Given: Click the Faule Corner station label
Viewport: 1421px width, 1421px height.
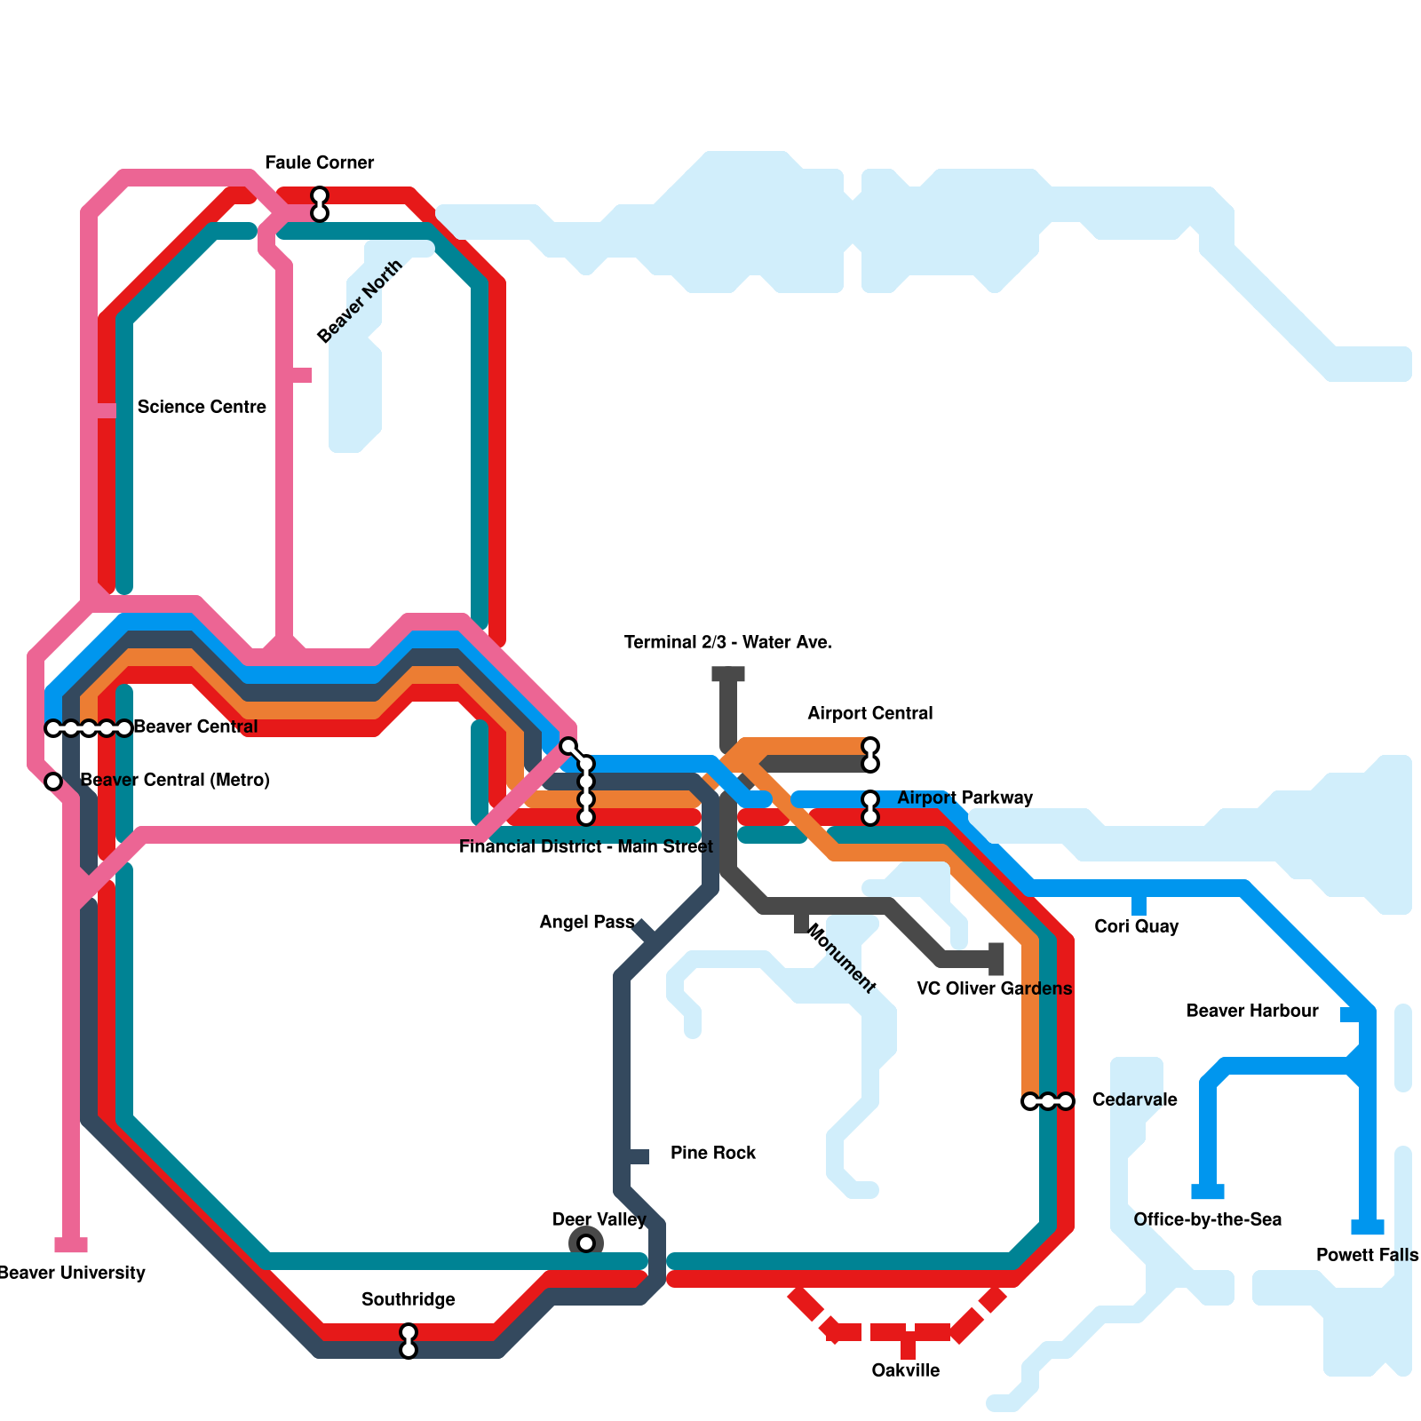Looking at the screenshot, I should click(319, 163).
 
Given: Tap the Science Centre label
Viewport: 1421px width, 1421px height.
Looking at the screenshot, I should click(202, 407).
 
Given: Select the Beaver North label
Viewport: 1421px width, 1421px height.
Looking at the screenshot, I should click(360, 302).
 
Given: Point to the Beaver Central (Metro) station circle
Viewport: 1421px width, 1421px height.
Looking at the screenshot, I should click(53, 782).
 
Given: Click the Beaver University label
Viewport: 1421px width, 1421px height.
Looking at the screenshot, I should click(71, 1273).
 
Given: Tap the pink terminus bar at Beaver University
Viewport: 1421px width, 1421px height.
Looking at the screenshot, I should click(71, 1244).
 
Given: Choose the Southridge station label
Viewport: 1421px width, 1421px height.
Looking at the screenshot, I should click(408, 1299).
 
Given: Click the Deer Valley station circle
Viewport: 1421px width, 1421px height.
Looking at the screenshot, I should click(586, 1243).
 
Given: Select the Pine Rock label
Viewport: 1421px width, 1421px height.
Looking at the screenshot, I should click(712, 1153).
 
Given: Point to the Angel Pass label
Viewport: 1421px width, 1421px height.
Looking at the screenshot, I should click(586, 922).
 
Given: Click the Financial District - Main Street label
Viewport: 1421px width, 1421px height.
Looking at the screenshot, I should click(585, 846).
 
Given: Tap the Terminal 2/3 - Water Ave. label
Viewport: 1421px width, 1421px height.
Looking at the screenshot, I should click(727, 642).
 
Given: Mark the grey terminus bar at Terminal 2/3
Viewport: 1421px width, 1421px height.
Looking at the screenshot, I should click(728, 675).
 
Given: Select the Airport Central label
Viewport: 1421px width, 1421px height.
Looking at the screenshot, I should click(869, 713).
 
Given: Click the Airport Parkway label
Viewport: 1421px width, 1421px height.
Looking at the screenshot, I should click(965, 798).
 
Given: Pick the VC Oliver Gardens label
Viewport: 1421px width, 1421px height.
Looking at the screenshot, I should click(994, 988).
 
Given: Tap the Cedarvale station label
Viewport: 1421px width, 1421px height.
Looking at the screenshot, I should click(1134, 1099).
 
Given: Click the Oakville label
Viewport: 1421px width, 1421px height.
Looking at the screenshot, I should click(905, 1370).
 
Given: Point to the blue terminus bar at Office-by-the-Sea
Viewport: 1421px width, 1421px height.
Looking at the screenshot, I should click(1208, 1192).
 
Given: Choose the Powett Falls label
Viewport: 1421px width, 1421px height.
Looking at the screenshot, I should click(1367, 1255).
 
